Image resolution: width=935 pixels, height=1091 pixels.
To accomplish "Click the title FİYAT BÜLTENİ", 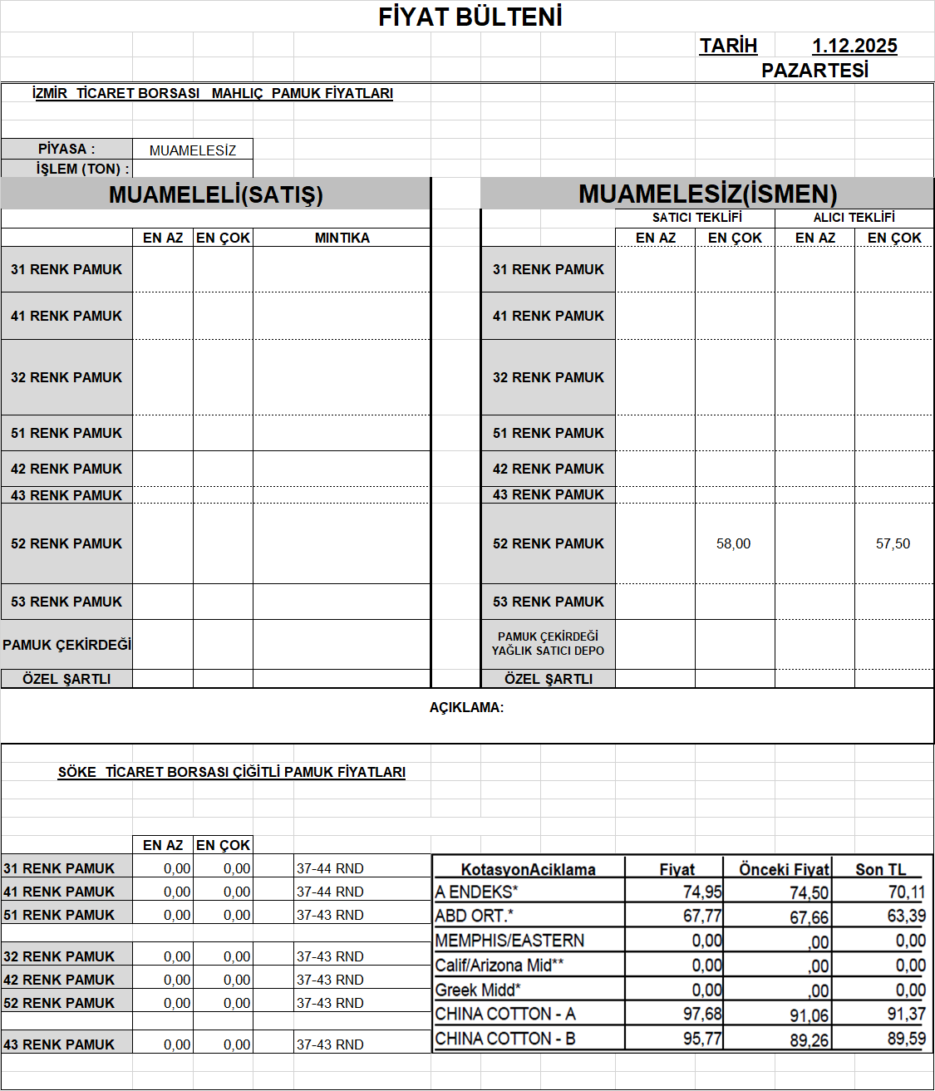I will click(x=470, y=17).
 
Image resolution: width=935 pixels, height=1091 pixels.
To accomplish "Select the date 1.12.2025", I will click(x=854, y=46).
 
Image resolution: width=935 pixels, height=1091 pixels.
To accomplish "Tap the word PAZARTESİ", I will click(x=814, y=71).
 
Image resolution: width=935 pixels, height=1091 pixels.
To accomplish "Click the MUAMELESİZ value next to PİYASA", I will click(x=193, y=150).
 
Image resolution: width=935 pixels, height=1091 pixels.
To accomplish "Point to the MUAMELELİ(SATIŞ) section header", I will click(x=215, y=194).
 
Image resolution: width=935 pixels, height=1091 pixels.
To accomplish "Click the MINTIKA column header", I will click(x=342, y=238).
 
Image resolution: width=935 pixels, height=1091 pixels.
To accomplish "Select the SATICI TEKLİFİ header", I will click(x=696, y=218).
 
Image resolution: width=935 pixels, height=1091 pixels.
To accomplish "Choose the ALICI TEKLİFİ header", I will click(x=854, y=218).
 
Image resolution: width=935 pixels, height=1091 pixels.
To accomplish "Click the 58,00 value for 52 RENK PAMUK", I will click(x=733, y=543).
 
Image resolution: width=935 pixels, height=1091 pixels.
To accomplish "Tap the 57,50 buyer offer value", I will click(x=893, y=543).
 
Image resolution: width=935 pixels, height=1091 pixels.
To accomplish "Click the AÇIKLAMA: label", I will click(x=466, y=708).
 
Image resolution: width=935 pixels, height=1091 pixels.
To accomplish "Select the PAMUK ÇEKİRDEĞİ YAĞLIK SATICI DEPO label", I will click(x=548, y=644).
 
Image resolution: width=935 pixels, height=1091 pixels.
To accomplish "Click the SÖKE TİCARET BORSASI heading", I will click(x=231, y=772).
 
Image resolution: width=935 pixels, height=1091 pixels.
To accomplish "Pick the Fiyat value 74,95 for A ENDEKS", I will click(x=702, y=892).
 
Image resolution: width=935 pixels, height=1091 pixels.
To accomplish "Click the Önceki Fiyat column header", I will click(x=784, y=870).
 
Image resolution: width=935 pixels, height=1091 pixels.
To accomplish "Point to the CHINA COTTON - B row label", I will click(x=505, y=1039).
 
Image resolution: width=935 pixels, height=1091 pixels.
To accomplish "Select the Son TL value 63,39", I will click(x=906, y=916).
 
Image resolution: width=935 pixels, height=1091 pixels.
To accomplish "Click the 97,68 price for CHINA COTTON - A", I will click(x=702, y=1015).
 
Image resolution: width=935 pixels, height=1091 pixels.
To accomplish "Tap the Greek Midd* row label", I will click(x=478, y=990).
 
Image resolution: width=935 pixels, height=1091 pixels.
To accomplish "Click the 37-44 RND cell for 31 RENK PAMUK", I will click(x=330, y=868).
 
